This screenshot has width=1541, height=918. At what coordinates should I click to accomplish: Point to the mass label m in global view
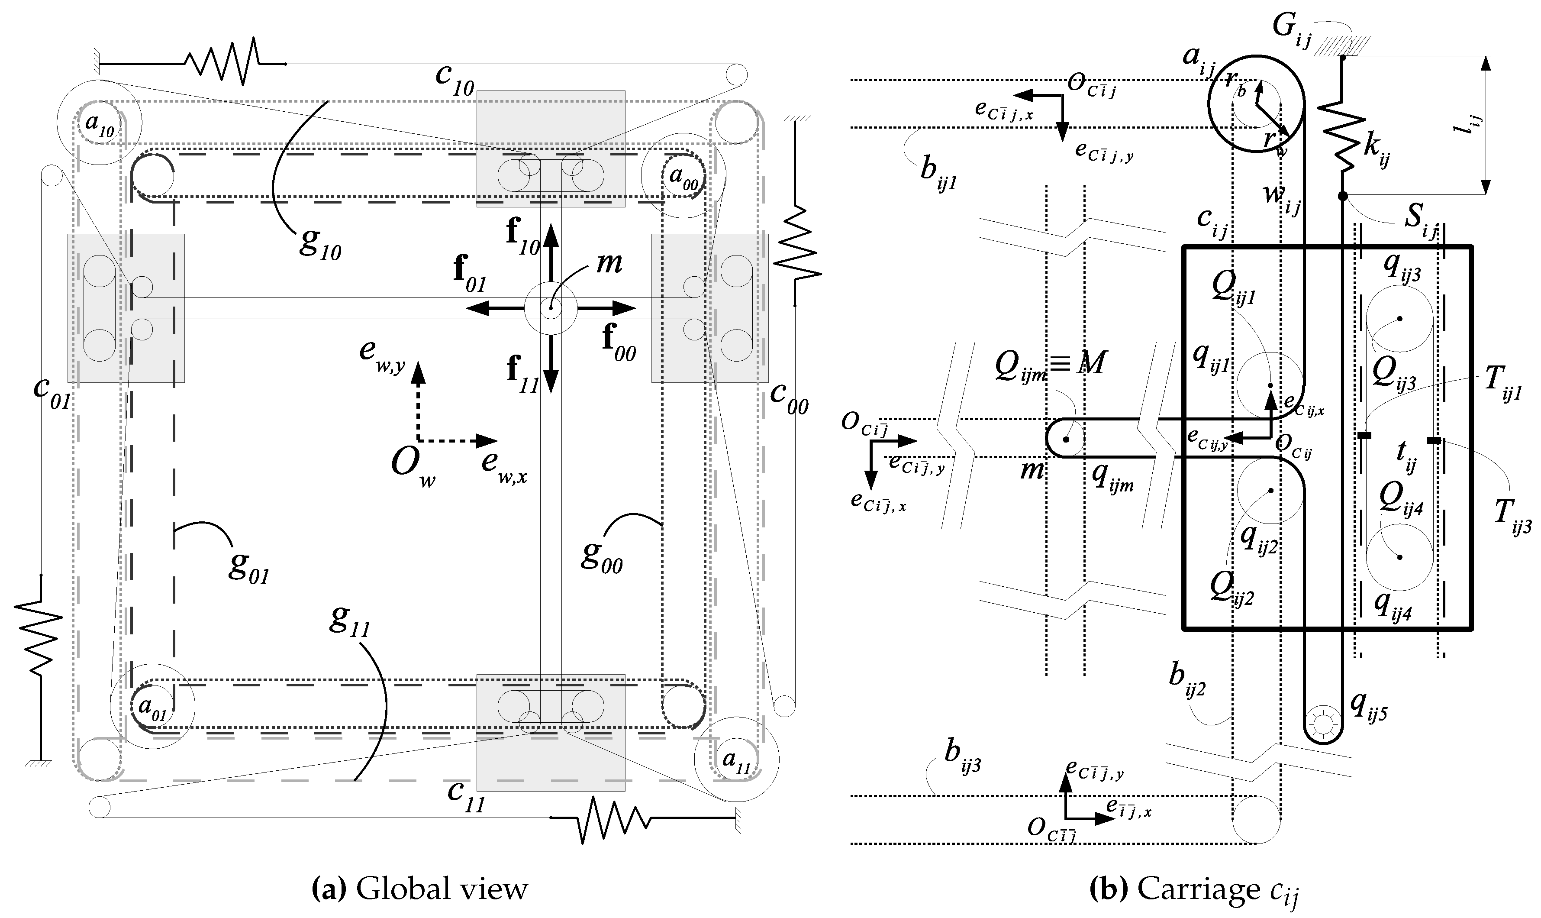pos(609,263)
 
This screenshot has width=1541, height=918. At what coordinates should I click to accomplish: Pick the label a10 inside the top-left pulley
pos(99,125)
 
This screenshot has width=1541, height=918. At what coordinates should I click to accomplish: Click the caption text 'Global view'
pos(442,889)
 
